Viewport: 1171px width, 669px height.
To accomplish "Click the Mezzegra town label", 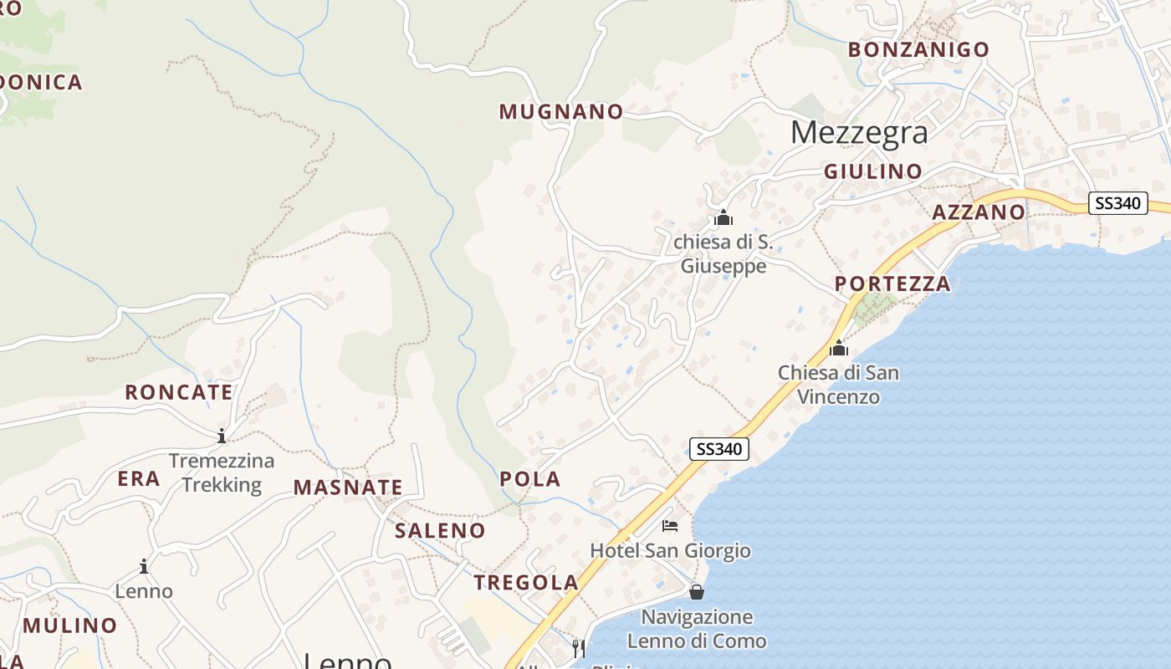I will point(858,132).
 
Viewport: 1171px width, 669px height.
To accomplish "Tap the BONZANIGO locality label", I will point(918,49).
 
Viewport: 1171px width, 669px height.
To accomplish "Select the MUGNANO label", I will point(561,111).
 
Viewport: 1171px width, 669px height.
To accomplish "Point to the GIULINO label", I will point(873,171).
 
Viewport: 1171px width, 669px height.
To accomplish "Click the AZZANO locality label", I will point(978,212).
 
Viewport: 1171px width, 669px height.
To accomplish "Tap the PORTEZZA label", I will point(892,283).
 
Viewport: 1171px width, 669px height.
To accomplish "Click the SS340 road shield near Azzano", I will point(1117,202).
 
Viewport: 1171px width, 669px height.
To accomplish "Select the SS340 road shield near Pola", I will point(719,448).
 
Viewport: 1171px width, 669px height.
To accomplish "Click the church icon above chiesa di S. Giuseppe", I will point(724,219).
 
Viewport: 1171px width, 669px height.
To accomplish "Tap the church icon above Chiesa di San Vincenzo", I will point(838,349).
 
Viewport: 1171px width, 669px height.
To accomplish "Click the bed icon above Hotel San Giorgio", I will point(670,526).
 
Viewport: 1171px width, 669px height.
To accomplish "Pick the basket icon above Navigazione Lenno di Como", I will point(696,592).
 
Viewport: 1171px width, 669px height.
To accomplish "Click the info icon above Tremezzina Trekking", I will point(222,436).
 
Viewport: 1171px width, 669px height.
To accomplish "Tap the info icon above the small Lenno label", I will point(144,566).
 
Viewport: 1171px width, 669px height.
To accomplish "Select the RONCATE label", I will point(179,392).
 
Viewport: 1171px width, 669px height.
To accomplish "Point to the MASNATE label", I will point(348,488).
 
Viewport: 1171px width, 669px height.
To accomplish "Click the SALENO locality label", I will point(440,530).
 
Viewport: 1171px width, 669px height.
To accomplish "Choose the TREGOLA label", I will point(526,583).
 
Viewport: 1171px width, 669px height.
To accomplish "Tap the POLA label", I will point(529,479).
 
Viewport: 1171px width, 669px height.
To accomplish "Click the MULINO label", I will point(70,626).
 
